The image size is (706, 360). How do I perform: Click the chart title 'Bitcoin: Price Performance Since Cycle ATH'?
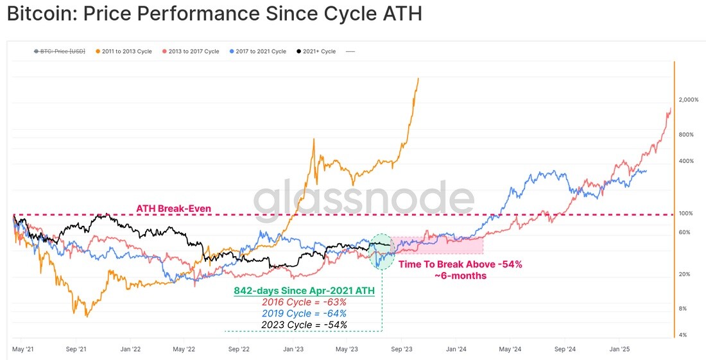pos(214,14)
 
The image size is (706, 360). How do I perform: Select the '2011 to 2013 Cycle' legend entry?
pos(124,51)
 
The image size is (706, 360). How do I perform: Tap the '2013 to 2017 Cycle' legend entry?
pos(191,51)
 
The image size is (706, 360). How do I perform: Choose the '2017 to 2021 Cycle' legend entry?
pos(258,51)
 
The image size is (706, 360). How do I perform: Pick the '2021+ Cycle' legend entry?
pos(316,51)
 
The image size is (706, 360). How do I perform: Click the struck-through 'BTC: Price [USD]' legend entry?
pos(60,51)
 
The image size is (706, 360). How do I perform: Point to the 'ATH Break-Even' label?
pos(173,209)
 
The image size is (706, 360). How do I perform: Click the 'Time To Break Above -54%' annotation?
pos(460,264)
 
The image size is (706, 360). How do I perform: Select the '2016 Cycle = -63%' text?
pos(304,302)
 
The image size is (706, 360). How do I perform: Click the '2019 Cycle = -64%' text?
pos(304,313)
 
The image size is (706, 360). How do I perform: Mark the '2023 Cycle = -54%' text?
pos(304,325)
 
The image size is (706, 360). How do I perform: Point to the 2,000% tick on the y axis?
pos(689,99)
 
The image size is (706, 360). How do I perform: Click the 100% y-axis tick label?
pos(685,213)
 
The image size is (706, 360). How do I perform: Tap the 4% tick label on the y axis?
pos(683,335)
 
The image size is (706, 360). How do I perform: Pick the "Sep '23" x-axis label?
pos(402,348)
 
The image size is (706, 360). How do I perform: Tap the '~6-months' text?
pos(460,275)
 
